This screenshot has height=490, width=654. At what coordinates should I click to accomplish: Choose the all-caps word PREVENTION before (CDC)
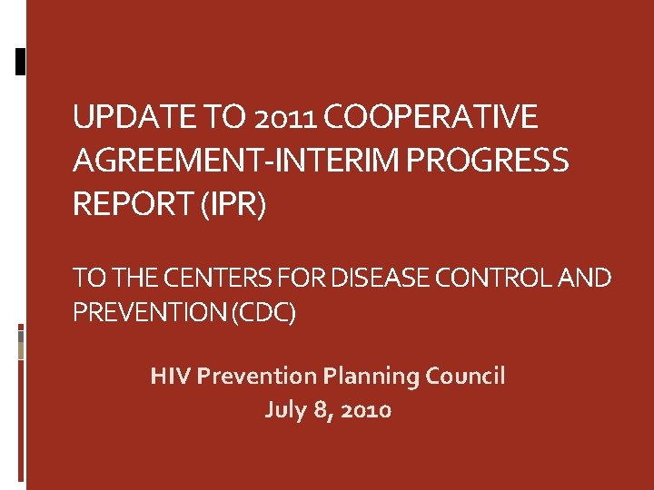pyautogui.click(x=150, y=314)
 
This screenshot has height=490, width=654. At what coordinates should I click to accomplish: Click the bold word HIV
pyautogui.click(x=170, y=376)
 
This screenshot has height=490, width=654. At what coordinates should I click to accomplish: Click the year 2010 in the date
pyautogui.click(x=368, y=410)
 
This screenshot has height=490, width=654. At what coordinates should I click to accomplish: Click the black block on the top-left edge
pyautogui.click(x=21, y=60)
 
